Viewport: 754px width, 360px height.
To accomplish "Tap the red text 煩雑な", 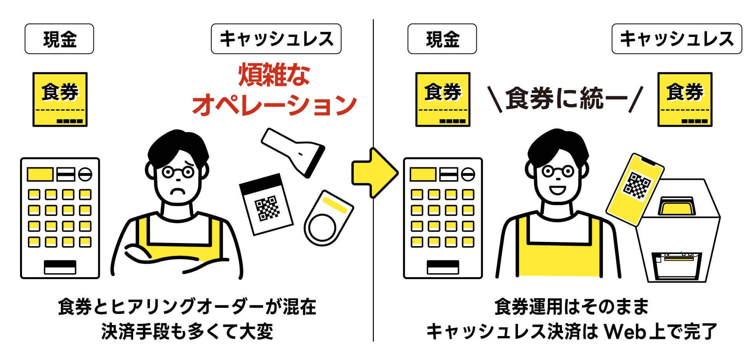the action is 274,75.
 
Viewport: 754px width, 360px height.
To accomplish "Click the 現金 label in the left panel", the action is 59,39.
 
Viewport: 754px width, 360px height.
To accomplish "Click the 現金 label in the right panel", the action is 442,39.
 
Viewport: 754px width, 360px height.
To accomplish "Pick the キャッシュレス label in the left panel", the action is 276,39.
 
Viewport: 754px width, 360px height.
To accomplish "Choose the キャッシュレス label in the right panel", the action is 677,39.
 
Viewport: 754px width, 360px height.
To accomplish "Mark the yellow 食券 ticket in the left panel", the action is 60,99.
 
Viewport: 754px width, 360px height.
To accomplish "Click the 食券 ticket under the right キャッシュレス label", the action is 685,99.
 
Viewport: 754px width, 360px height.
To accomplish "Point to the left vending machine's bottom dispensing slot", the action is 60,267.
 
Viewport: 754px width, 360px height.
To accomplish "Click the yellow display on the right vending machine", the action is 423,174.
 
